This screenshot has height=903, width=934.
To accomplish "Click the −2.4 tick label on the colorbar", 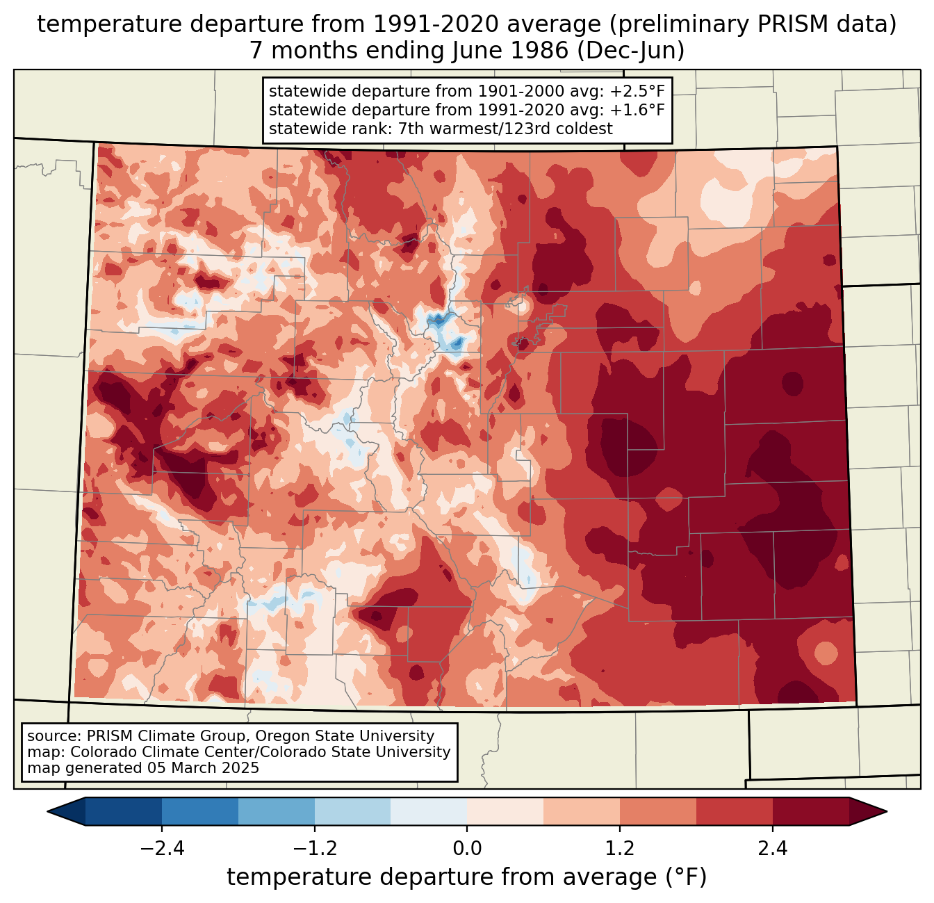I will click(x=162, y=849).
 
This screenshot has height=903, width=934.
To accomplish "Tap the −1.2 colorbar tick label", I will click(x=314, y=849).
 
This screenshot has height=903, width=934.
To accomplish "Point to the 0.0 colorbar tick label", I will click(x=467, y=849).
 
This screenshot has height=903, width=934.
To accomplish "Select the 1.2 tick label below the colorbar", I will click(x=620, y=849).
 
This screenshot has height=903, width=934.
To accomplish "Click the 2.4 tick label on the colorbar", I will click(x=772, y=849).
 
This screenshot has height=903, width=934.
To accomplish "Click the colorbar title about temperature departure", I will click(x=467, y=877).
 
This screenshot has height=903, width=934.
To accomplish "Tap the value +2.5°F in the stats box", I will click(x=637, y=92).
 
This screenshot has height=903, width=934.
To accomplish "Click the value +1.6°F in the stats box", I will click(x=637, y=110).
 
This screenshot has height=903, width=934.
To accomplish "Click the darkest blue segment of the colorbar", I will click(x=124, y=811).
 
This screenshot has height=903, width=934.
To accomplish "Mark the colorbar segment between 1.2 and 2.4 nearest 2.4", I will click(x=734, y=811).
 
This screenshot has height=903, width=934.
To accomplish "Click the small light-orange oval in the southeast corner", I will click(x=826, y=653).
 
